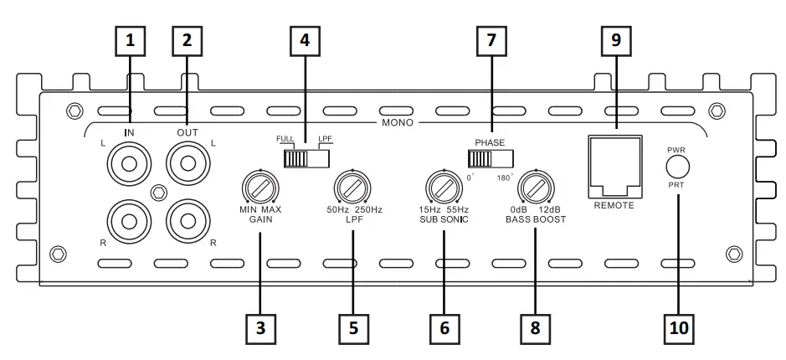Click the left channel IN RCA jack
(130, 162)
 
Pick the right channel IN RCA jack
(130, 221)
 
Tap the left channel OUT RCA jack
(187, 162)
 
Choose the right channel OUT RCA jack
(187, 221)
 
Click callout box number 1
(130, 39)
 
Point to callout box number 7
(491, 39)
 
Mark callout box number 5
(353, 328)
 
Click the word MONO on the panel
(398, 122)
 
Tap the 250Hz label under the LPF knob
(369, 209)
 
